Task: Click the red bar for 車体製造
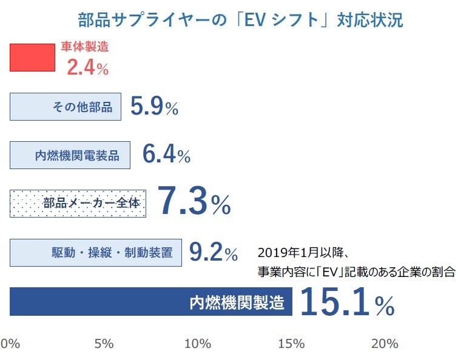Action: coord(32,58)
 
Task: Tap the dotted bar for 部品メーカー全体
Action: coord(78,204)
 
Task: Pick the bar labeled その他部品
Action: coord(66,107)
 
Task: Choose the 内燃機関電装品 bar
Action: coord(70,155)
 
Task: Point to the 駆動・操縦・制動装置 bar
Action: coord(96,252)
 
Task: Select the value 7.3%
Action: coord(194,202)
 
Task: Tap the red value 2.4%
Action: coord(87,67)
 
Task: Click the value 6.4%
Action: coord(166,155)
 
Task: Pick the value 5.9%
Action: coord(154,107)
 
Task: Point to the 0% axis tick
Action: coord(10,344)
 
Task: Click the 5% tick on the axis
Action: coord(104,344)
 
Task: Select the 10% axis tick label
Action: coord(197,344)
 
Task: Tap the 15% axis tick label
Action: coord(291,344)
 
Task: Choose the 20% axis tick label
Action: coord(384,344)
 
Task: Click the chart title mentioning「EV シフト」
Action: coord(240,19)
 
